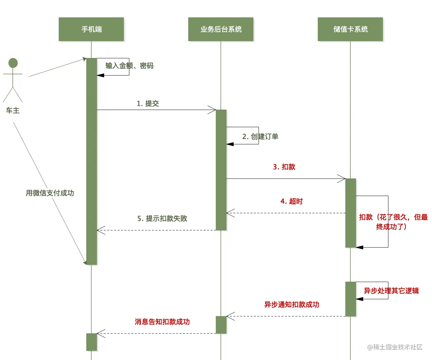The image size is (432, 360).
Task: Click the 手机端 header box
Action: coord(91,29)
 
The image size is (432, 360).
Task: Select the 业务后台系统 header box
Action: coord(221,29)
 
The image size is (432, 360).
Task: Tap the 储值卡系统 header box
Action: coord(350,29)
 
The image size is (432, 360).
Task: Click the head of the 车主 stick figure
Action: coord(13,63)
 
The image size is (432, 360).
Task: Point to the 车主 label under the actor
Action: coord(13,110)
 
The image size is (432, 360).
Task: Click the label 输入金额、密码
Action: coord(129,66)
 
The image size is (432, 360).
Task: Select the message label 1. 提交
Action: coord(148,104)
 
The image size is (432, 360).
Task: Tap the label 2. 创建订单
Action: coord(260,137)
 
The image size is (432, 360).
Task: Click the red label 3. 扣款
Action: coord(284,167)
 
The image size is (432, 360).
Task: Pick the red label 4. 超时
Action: coord(291,201)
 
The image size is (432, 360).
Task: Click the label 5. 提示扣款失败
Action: coord(162,219)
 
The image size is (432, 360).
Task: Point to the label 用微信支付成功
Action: coord(50,193)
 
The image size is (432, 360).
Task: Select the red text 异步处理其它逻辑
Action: coord(391,291)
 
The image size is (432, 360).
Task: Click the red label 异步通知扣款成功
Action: coord(292,305)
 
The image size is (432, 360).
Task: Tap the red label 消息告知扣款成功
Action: coord(162,322)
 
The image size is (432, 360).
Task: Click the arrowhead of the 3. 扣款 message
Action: coord(342,179)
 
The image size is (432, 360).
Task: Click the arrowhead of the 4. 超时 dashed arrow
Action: coord(229,213)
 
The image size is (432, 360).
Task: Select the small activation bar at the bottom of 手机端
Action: coord(91,342)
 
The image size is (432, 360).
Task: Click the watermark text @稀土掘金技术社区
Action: coord(395,347)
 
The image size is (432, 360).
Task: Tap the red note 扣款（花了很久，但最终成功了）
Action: coord(393,222)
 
